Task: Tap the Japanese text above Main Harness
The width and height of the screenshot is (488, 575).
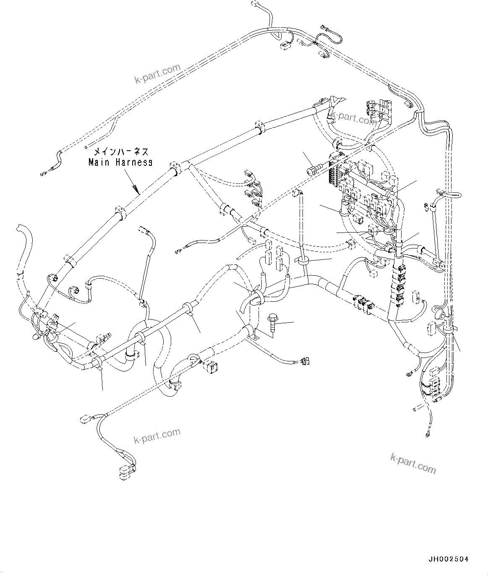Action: tap(120, 152)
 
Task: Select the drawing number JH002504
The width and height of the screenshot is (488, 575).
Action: tap(448, 559)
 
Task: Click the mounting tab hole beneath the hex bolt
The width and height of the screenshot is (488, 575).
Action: tap(253, 335)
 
